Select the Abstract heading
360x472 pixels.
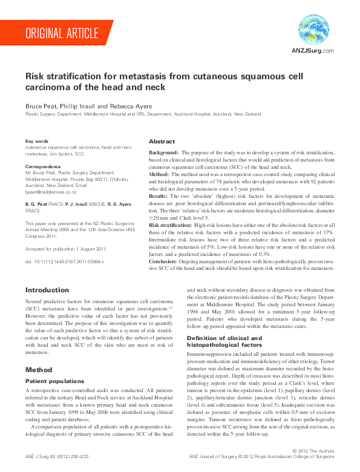[x=162, y=141]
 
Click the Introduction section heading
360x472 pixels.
[x=47, y=290]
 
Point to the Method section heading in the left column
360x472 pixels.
[x=39, y=369]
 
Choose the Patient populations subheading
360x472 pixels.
[x=54, y=381]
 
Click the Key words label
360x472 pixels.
[x=37, y=141]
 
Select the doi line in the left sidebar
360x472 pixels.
[x=65, y=261]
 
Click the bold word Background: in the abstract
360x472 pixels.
[x=163, y=154]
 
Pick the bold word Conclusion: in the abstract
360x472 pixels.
[x=165, y=261]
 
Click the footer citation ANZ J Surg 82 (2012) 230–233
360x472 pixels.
[x=57, y=456]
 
